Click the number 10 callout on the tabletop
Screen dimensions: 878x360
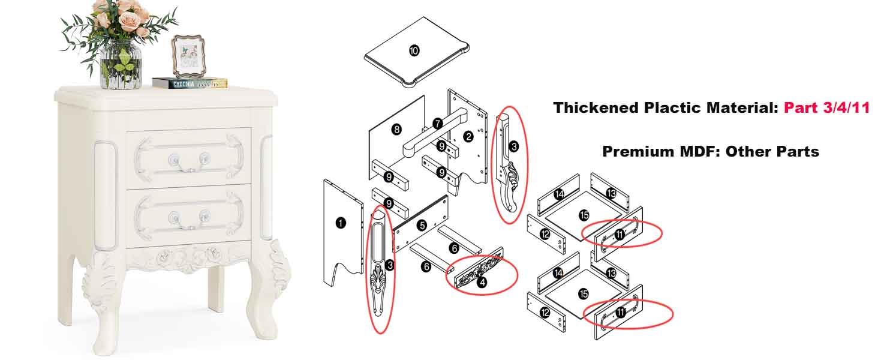click(414, 50)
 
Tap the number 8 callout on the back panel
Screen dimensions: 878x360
click(396, 130)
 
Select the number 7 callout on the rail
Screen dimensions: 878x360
click(438, 124)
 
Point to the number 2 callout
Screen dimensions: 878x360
click(468, 137)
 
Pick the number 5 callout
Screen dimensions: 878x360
click(422, 226)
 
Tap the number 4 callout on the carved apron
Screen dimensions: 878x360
click(482, 282)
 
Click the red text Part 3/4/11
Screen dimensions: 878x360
click(826, 108)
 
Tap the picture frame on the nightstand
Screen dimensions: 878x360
click(188, 56)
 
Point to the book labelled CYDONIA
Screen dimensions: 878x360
click(190, 83)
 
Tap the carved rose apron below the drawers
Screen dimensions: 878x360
click(188, 258)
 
